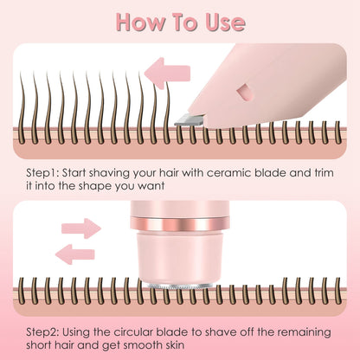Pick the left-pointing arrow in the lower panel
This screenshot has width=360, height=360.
(x=75, y=253)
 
